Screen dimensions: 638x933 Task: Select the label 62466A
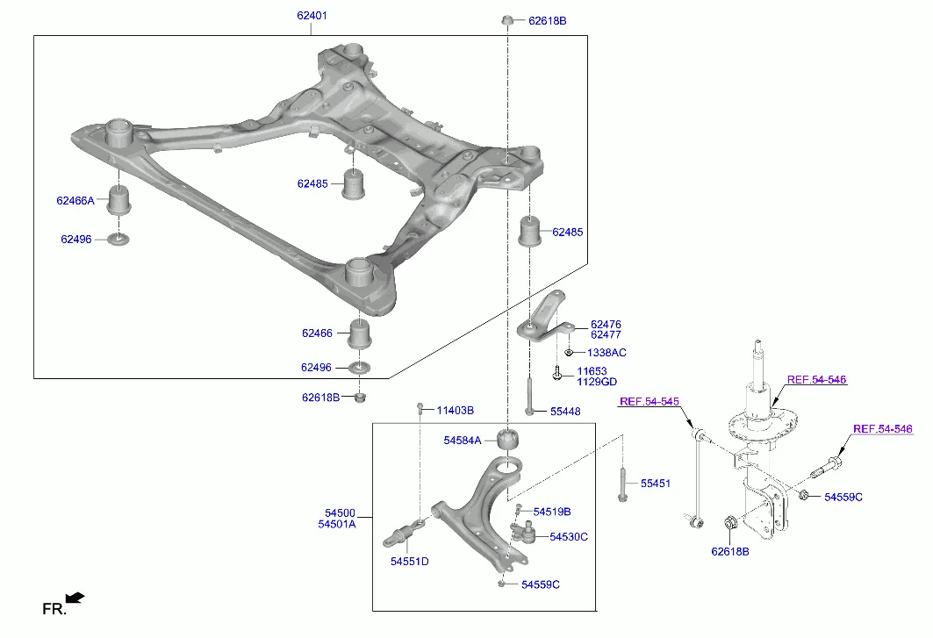coord(75,201)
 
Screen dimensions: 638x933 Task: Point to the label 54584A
coord(463,440)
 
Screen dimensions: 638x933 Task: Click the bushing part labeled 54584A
coord(507,439)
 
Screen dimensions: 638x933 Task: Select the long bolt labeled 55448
coord(529,396)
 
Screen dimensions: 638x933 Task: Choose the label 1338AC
coord(606,352)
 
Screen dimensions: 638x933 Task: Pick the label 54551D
coord(410,562)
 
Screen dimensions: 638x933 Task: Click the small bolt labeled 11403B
coord(420,409)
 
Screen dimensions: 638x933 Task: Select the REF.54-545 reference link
coord(650,402)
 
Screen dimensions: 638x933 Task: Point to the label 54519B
coord(552,511)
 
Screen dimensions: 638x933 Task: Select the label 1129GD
coord(597,382)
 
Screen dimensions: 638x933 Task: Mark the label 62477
coord(606,334)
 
